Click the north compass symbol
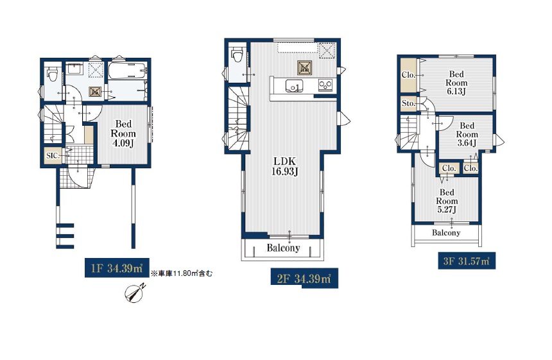pyautogui.click(x=135, y=293)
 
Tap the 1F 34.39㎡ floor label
pyautogui.click(x=117, y=268)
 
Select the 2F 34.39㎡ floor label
pyautogui.click(x=304, y=279)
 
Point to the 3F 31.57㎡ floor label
pyautogui.click(x=467, y=261)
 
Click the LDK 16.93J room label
pyautogui.click(x=285, y=166)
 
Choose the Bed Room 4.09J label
pyautogui.click(x=123, y=133)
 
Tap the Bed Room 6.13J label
pyautogui.click(x=456, y=83)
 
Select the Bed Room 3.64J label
pyautogui.click(x=467, y=134)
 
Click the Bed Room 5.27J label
pyautogui.click(x=447, y=201)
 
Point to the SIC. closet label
pyautogui.click(x=53, y=155)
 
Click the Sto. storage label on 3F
pyautogui.click(x=408, y=103)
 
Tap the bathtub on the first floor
pyautogui.click(x=128, y=71)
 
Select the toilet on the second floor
pyautogui.click(x=237, y=56)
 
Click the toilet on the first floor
pyautogui.click(x=53, y=74)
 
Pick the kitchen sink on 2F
pyautogui.click(x=294, y=85)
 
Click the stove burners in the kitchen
pyautogui.click(x=325, y=85)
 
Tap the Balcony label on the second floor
pyautogui.click(x=283, y=248)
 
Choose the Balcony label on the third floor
pyautogui.click(x=446, y=232)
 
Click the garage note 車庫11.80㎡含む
pyautogui.click(x=182, y=273)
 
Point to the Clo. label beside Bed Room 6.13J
pyautogui.click(x=408, y=75)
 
